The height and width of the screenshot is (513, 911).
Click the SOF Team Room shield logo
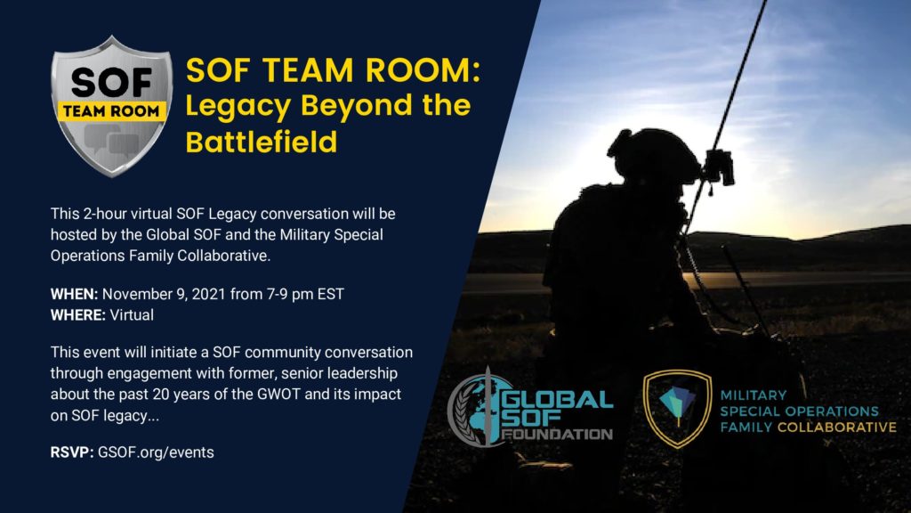(111, 106)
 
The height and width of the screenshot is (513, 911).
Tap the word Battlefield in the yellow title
(262, 142)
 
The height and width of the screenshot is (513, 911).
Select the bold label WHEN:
(74, 294)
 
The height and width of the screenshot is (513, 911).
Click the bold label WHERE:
(78, 314)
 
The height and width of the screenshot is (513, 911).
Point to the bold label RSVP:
(72, 452)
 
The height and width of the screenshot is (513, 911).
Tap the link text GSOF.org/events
(156, 452)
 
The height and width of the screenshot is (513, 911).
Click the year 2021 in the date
(208, 294)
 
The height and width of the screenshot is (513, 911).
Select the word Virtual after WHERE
(132, 314)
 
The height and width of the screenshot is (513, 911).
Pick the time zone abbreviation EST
(331, 294)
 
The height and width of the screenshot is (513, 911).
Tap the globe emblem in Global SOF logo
(477, 408)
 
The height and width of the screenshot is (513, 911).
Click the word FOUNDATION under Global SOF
(558, 434)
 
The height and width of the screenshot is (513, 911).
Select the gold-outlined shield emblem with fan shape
(678, 409)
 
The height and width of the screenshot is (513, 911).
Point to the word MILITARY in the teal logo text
(754, 395)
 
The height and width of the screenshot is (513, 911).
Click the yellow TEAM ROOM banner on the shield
(111, 111)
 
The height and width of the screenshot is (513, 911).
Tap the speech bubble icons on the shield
(111, 141)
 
